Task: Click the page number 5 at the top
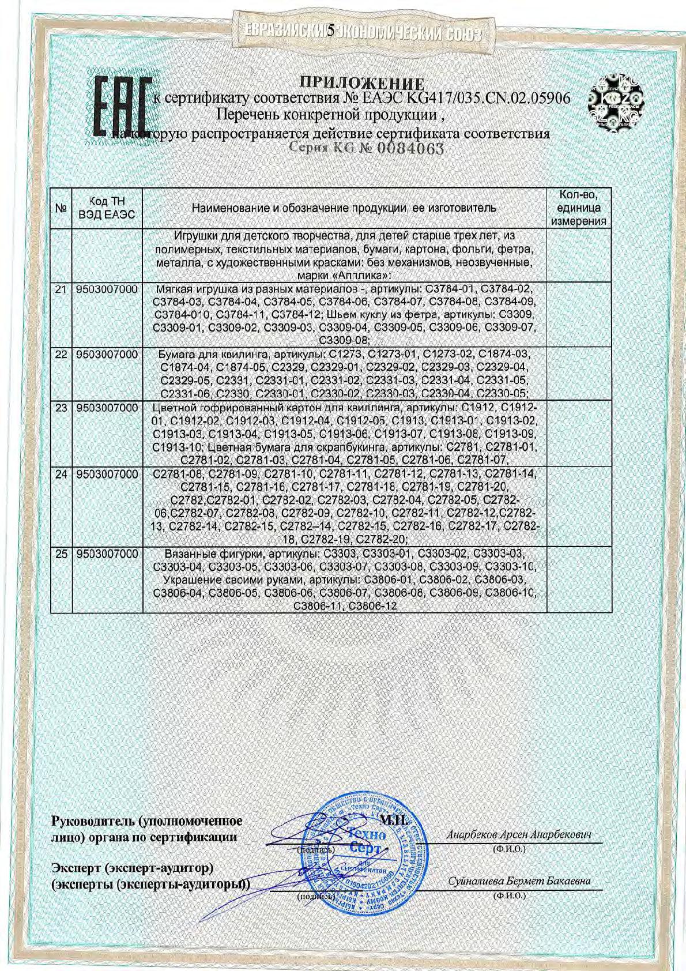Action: pos(331,31)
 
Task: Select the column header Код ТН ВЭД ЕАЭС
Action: pos(106,208)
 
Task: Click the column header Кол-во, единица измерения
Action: pos(578,208)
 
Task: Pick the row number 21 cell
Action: pos(61,288)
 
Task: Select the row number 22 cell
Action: pos(61,353)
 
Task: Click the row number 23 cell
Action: pos(61,408)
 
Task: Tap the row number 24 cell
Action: pos(61,474)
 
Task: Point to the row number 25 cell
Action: pos(61,554)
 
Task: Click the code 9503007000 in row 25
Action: pos(107,554)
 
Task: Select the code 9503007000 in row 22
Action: pos(107,353)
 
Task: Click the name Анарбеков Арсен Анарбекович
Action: pos(519,834)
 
